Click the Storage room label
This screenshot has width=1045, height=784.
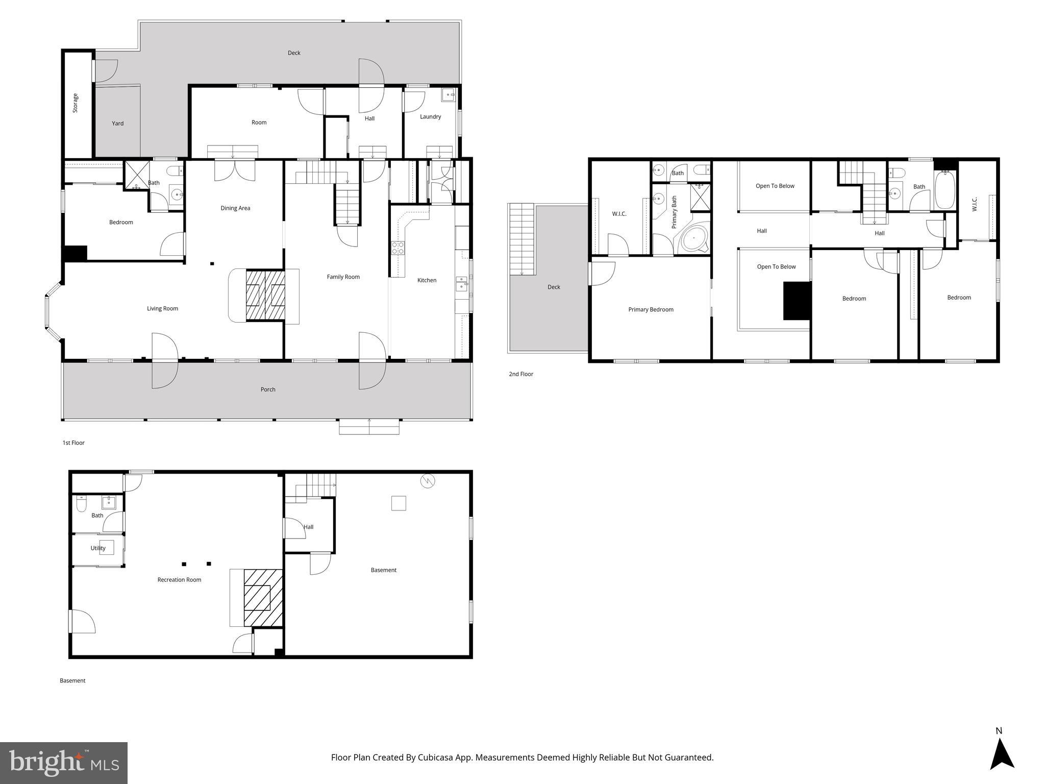76,103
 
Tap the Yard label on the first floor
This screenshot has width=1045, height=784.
118,124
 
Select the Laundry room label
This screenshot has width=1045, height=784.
430,117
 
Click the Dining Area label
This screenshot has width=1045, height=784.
235,208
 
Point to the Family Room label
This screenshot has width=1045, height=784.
343,277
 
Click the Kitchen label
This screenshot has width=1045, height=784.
427,280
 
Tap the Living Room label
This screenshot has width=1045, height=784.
162,309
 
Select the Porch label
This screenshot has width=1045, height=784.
268,389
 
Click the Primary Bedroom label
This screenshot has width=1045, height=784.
651,310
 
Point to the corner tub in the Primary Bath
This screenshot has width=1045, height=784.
694,238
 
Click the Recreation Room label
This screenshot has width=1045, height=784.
179,580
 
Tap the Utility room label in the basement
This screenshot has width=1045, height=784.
98,548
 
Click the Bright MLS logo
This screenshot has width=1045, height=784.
64,763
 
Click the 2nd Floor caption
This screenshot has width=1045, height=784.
520,374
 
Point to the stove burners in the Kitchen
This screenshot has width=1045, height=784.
397,248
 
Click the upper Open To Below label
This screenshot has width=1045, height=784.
775,186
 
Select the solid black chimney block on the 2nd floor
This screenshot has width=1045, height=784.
797,301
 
